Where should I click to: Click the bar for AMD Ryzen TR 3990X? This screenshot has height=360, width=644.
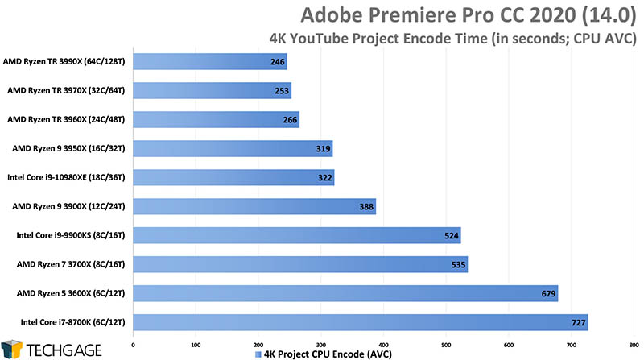(x=209, y=61)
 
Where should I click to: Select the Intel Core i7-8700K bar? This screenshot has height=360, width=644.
(x=360, y=322)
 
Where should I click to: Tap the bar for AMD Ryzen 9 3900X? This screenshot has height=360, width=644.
(x=254, y=206)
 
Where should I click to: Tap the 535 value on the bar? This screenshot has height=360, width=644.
(x=455, y=264)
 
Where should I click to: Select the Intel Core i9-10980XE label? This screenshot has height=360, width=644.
(x=64, y=177)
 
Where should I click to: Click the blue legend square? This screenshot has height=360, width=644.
(x=257, y=353)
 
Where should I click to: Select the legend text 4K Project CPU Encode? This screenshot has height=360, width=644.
(x=323, y=353)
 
